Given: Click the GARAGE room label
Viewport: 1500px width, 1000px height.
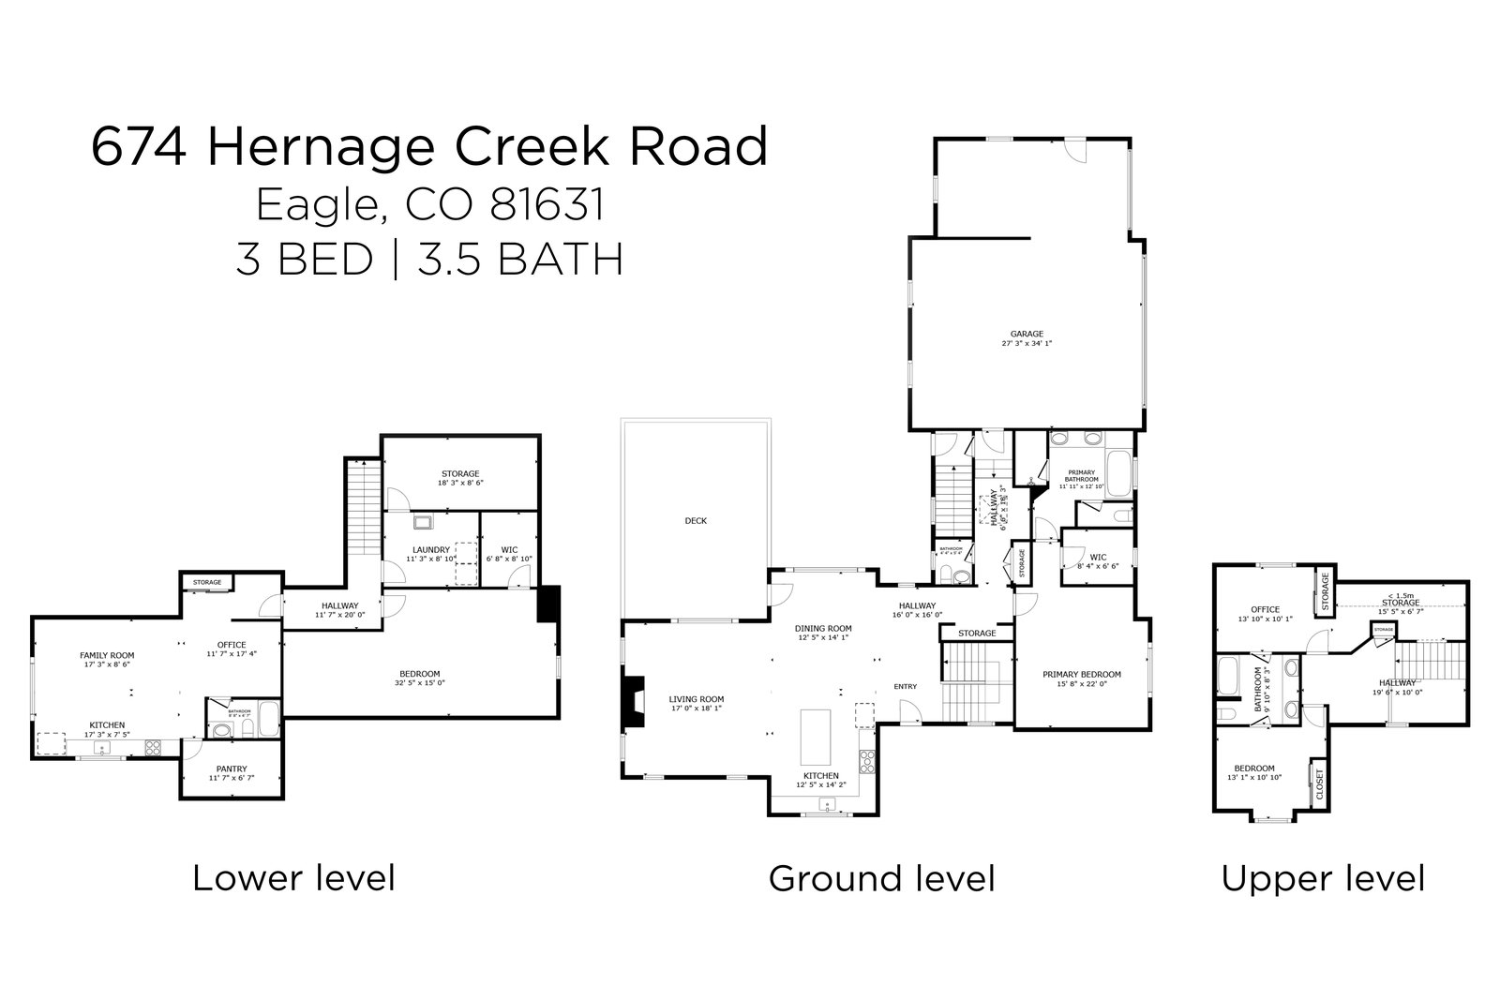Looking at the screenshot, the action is coord(1027,333).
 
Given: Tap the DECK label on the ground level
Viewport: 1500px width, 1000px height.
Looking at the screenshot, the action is coord(695,520).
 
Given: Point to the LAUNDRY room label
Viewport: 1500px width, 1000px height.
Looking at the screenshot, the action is coord(430,549).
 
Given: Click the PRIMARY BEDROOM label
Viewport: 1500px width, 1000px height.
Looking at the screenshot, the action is coord(1082,674).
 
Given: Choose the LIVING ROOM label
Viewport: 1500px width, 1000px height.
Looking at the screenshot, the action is coord(696,698).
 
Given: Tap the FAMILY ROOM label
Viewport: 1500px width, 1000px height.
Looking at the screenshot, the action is coord(107,655).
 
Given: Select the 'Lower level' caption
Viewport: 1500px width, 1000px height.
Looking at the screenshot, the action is coord(293,878).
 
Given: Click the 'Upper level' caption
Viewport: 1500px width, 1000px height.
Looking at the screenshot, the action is coord(1323,878).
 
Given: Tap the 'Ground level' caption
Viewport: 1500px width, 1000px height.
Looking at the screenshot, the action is coord(881,878).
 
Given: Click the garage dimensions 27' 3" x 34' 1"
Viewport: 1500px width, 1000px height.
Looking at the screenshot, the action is coord(1027,344).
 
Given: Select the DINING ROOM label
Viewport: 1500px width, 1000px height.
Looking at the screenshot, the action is coord(823,628).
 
